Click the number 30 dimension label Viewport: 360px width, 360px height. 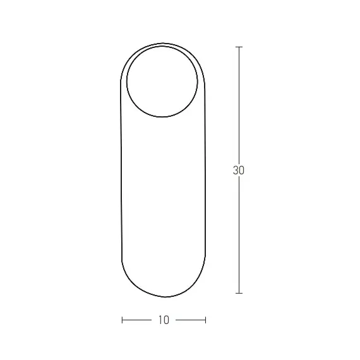click(x=238, y=171)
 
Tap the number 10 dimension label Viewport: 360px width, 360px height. click(x=164, y=320)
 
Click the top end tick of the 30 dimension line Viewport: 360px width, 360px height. click(x=239, y=47)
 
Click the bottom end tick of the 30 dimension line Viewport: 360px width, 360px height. click(x=239, y=293)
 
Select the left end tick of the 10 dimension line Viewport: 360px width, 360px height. click(x=122, y=320)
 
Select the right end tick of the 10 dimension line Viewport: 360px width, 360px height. click(x=205, y=320)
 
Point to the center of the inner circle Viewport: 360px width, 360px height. click(x=163, y=81)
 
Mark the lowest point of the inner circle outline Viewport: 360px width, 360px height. click(x=163, y=117)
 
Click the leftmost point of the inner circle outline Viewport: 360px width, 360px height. click(x=126, y=81)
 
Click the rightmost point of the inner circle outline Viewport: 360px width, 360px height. click(x=199, y=81)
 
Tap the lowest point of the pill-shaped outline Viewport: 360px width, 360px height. click(x=164, y=297)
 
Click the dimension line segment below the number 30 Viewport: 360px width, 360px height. click(x=239, y=234)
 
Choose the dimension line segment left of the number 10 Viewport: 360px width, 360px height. click(x=137, y=320)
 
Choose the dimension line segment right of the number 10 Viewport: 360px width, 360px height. click(x=190, y=320)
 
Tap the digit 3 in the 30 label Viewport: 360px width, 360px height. click(x=235, y=171)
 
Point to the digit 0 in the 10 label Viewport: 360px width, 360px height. click(x=166, y=320)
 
